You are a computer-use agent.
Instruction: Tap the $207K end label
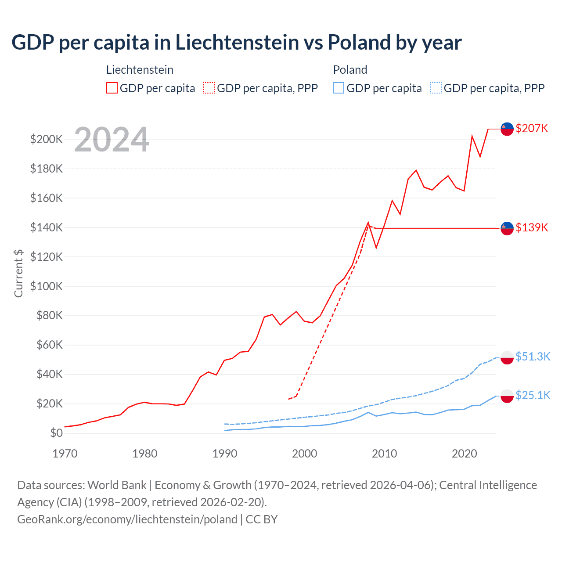[532, 128]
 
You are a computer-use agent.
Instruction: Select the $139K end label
[532, 227]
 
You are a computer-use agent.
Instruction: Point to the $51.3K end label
[533, 357]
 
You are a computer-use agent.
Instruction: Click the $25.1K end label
[533, 395]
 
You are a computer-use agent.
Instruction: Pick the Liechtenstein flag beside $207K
[507, 129]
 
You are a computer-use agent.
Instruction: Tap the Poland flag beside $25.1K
[507, 396]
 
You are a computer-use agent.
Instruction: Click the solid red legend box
[112, 88]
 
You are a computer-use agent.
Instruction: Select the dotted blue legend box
[436, 88]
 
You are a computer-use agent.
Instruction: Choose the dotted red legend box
[209, 88]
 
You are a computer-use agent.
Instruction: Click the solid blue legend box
[339, 88]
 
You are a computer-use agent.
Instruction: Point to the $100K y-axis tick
[47, 286]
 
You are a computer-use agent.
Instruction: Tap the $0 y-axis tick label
[56, 433]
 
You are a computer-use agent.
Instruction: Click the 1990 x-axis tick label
[225, 454]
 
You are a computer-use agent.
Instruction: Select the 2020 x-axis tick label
[464, 454]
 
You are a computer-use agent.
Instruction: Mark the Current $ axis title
[18, 273]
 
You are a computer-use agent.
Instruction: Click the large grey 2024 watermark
[112, 140]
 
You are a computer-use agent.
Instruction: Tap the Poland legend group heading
[350, 70]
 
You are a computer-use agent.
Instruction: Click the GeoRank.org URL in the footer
[127, 519]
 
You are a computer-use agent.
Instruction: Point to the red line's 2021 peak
[472, 136]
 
